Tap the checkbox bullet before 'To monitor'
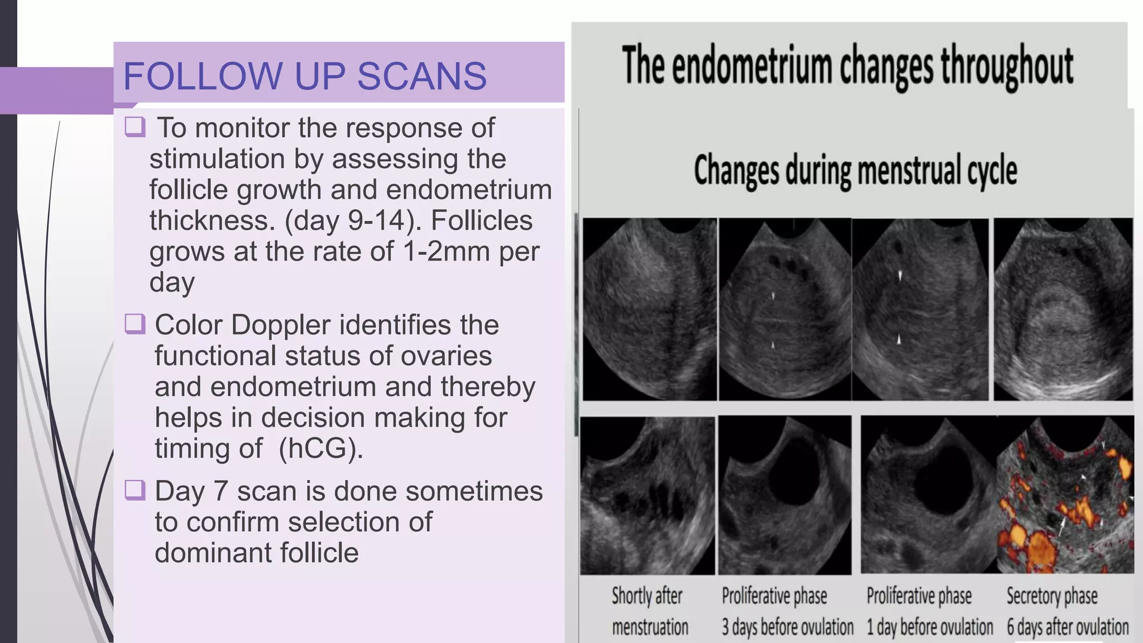click(x=135, y=127)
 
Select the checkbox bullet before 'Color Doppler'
click(x=135, y=323)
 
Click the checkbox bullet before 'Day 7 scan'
click(x=135, y=490)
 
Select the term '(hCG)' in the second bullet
click(x=320, y=448)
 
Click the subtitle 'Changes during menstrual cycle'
click(x=855, y=170)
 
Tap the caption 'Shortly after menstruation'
click(x=649, y=612)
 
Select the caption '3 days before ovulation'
click(x=787, y=627)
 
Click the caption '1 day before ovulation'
click(x=929, y=627)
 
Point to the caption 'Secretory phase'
click(x=1051, y=596)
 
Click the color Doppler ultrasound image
click(x=1065, y=495)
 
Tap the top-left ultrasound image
click(x=649, y=309)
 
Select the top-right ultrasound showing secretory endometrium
click(x=1063, y=309)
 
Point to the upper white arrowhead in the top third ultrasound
click(x=900, y=275)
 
